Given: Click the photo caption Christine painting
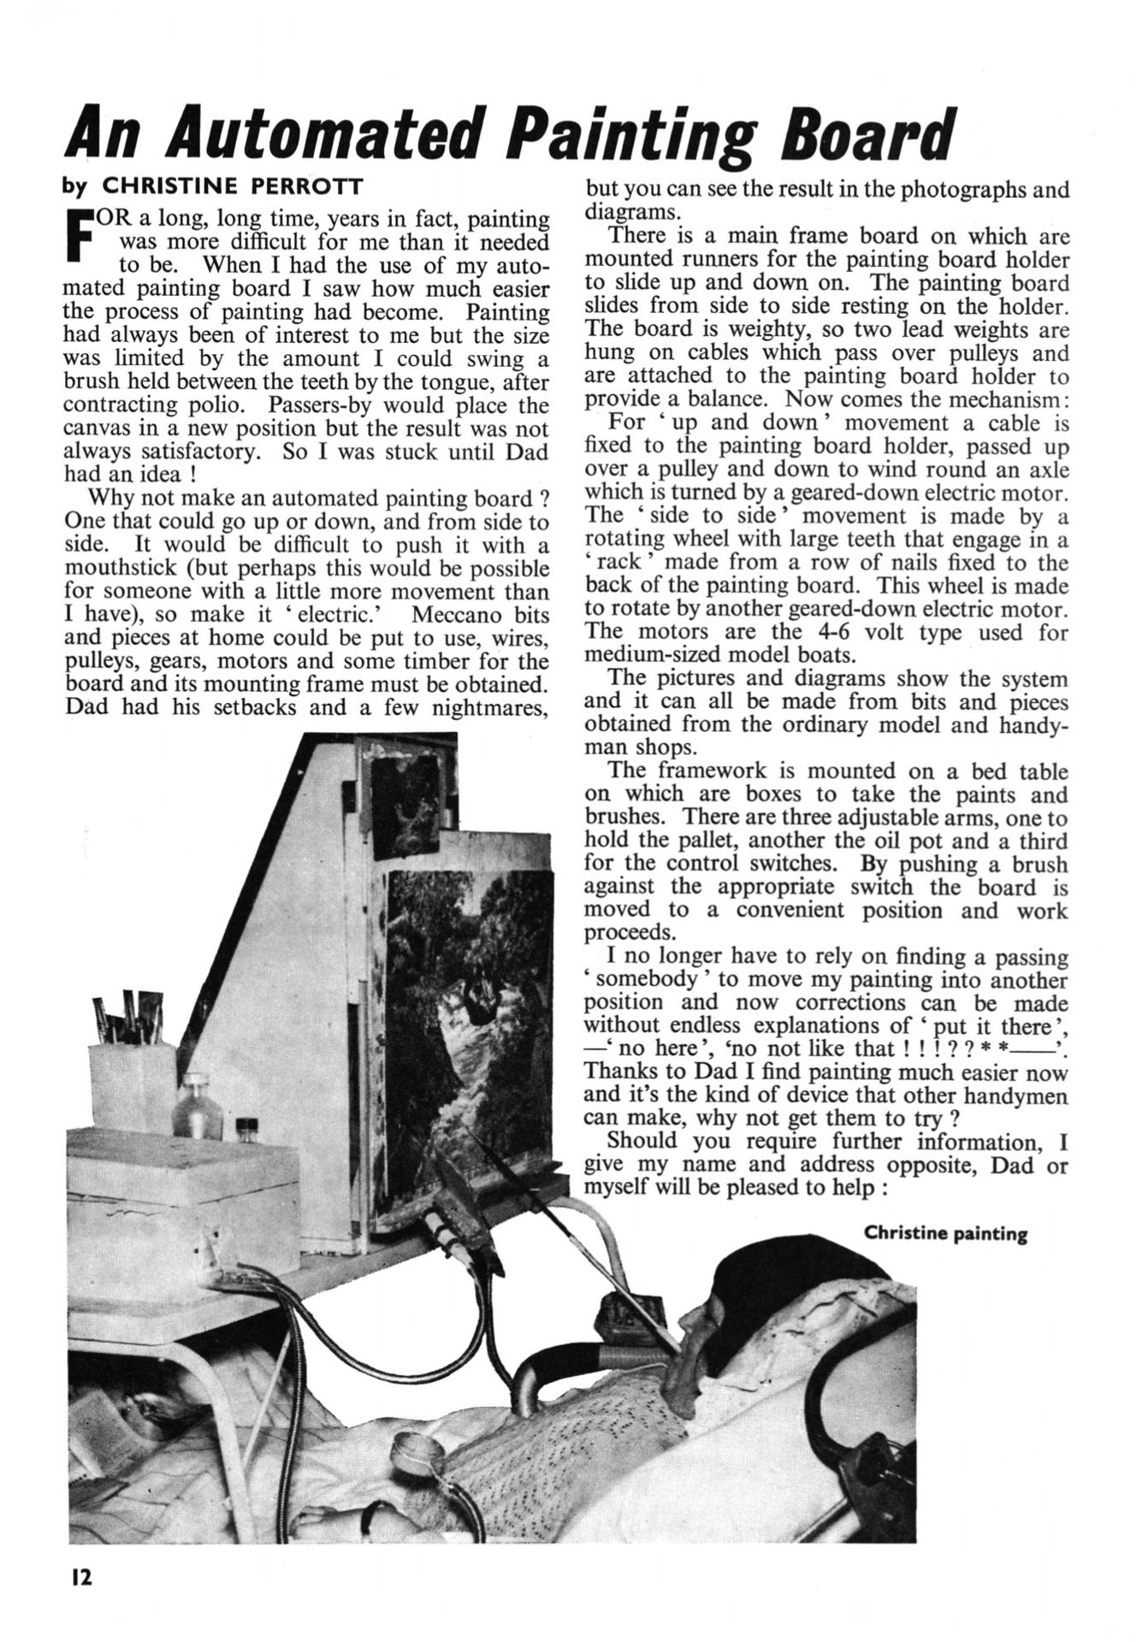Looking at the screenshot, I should point(944,1233).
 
